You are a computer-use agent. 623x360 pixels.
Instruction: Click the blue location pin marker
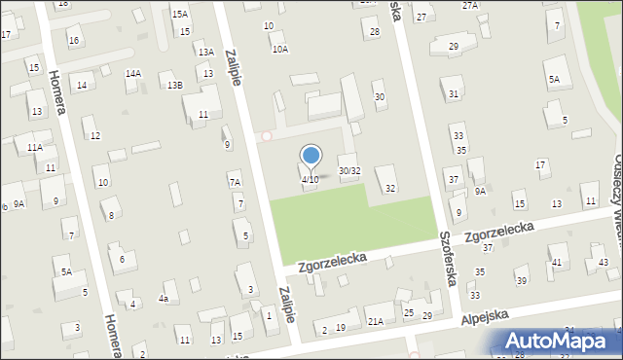tap(311, 156)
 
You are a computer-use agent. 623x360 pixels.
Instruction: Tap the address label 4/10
tap(310, 179)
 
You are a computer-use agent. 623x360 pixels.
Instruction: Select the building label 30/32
tap(349, 171)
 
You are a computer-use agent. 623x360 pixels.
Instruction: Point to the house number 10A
tap(279, 49)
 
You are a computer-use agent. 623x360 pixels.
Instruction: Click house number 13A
tap(205, 53)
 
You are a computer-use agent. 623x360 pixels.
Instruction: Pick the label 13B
tap(174, 86)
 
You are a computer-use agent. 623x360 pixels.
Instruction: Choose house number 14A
tap(132, 73)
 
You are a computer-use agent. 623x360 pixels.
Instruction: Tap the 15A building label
tap(180, 15)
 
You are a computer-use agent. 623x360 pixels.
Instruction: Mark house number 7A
tap(235, 182)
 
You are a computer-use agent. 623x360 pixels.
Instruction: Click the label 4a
tap(165, 299)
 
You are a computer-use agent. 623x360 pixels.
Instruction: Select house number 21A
tap(375, 321)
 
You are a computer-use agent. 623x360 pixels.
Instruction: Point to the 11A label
tap(35, 147)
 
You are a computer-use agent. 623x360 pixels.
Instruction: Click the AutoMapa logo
tap(560, 341)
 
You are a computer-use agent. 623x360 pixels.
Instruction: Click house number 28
tap(375, 32)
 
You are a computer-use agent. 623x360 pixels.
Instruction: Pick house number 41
tap(557, 263)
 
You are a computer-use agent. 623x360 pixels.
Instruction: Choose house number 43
tap(604, 263)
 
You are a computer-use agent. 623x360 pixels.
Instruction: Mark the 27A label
tap(470, 6)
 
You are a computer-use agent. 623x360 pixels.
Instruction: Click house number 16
tap(74, 40)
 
